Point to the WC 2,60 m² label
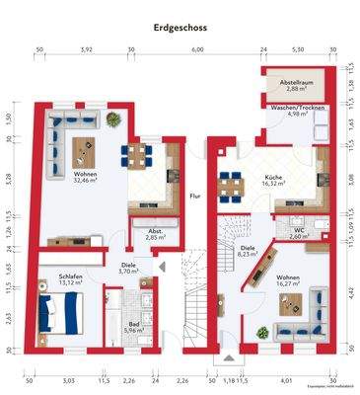tap(298, 233)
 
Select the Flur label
tap(194, 197)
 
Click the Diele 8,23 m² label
tap(248, 251)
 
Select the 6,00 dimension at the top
tap(197, 48)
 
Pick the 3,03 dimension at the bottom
tap(68, 379)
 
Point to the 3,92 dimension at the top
tap(86, 48)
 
